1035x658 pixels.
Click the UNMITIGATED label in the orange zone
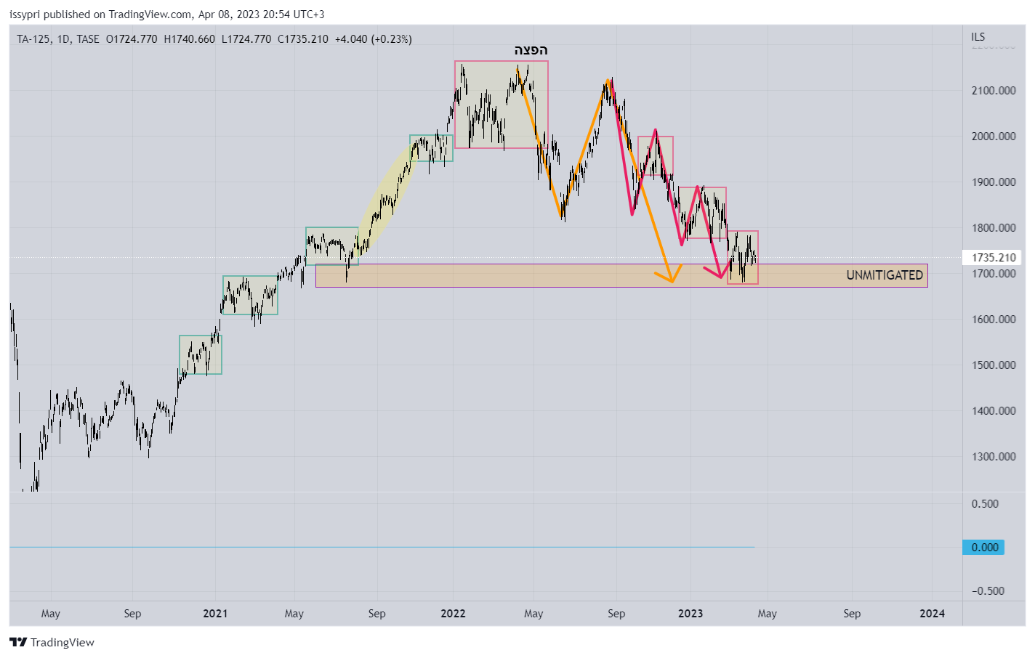(884, 275)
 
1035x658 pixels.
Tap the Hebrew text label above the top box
(531, 50)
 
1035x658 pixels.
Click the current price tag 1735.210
(993, 258)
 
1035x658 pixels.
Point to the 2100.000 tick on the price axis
(993, 91)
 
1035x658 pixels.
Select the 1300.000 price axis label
(993, 457)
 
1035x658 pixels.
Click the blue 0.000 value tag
(985, 548)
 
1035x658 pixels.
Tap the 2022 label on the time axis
(453, 614)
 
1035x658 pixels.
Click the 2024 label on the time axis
(932, 614)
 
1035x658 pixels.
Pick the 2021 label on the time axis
(215, 614)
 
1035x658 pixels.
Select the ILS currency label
(978, 37)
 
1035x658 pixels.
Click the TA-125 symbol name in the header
(33, 39)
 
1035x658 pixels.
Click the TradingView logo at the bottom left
(52, 643)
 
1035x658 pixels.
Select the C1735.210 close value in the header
(302, 39)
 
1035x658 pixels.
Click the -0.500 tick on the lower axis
(988, 591)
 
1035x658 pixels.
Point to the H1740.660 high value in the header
(189, 39)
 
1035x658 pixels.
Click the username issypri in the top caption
(25, 15)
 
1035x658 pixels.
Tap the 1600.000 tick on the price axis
(993, 320)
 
